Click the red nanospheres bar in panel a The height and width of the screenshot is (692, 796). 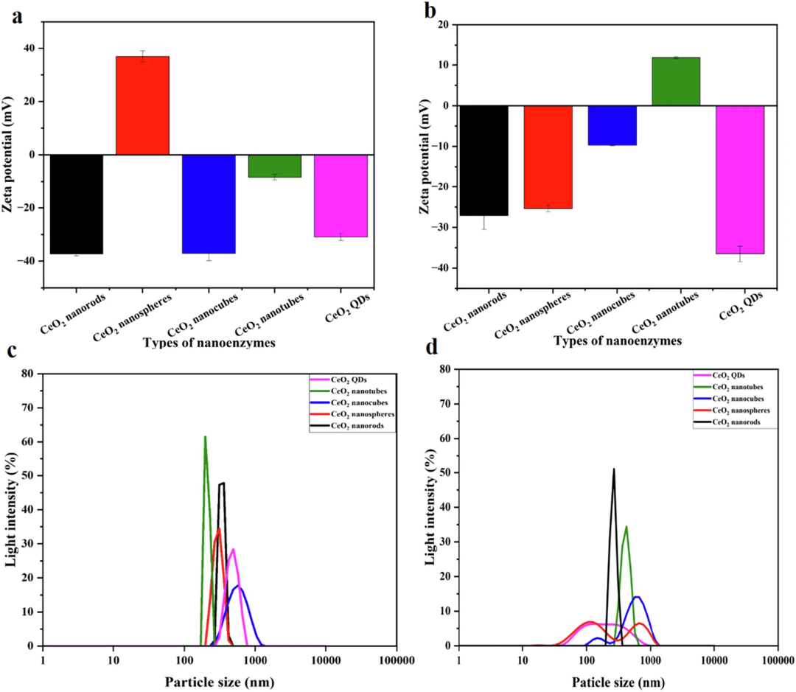142,105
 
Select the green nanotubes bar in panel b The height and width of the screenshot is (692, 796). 676,81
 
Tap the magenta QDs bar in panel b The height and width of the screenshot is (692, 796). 740,179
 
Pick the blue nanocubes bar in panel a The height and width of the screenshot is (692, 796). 209,203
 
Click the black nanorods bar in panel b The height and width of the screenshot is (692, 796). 483,161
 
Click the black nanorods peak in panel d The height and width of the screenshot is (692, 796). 614,469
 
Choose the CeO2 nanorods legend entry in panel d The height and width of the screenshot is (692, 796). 727,422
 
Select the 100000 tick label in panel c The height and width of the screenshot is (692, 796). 396,660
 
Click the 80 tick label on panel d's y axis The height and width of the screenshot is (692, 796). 445,369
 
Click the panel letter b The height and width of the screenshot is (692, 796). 430,11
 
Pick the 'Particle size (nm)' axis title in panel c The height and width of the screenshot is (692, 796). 220,682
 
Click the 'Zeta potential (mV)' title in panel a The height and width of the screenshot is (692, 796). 7,154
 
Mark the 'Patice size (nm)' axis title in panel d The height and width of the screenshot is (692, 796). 618,682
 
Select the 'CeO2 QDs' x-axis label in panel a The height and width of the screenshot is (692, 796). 348,308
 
